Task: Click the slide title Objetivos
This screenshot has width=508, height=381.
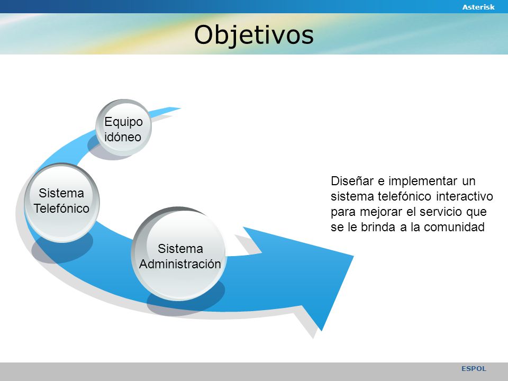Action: [x=253, y=35]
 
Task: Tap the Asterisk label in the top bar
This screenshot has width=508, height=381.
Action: [x=478, y=7]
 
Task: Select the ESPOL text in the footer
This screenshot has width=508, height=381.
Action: [x=474, y=368]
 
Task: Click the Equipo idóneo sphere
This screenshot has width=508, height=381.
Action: [x=123, y=128]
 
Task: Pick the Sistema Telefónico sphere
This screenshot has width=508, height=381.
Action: [x=61, y=203]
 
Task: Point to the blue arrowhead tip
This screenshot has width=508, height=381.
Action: [x=353, y=256]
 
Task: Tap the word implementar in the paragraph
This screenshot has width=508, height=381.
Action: [x=423, y=181]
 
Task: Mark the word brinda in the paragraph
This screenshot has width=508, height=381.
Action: [x=378, y=227]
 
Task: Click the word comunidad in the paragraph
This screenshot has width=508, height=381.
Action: [x=454, y=227]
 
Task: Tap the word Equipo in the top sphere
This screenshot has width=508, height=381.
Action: [x=123, y=122]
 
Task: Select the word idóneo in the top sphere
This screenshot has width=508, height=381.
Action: [x=123, y=137]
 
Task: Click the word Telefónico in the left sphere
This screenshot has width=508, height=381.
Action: [x=61, y=208]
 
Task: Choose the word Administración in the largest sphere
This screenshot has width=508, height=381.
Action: [x=180, y=264]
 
